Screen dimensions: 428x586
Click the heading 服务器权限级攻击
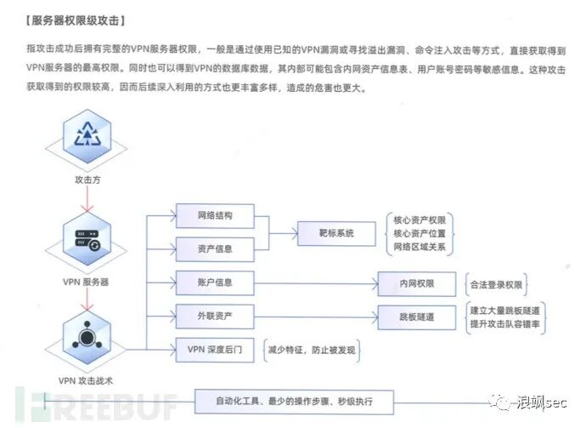pyautogui.click(x=76, y=19)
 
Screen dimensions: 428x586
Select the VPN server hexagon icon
pyautogui.click(x=88, y=239)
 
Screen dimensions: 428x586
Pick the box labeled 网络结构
pyautogui.click(x=214, y=215)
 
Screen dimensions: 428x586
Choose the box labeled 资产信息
pyautogui.click(x=214, y=248)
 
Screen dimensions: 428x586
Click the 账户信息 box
pyautogui.click(x=214, y=282)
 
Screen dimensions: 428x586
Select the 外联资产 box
pyautogui.click(x=214, y=316)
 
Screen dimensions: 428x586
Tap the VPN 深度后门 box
pyautogui.click(x=214, y=349)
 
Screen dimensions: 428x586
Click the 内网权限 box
pyautogui.click(x=417, y=283)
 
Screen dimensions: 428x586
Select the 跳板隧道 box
pyautogui.click(x=417, y=317)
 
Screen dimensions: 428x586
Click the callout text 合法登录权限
pyautogui.click(x=496, y=283)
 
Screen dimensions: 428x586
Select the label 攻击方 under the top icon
pyautogui.click(x=88, y=180)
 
